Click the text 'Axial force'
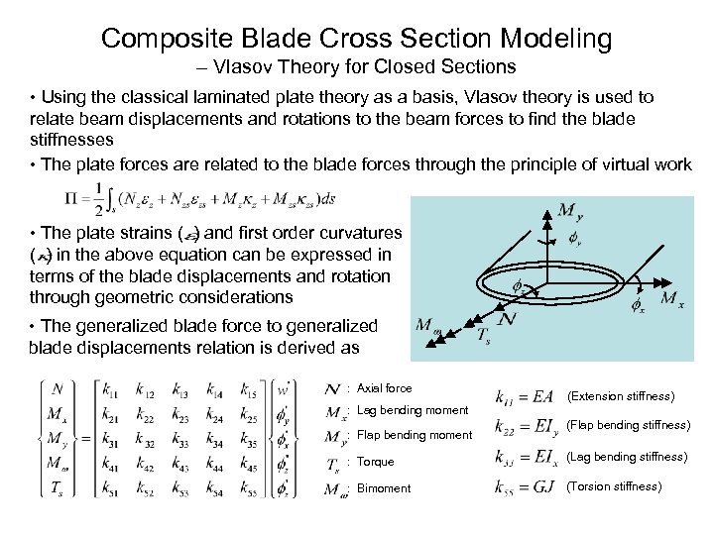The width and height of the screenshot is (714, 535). coord(384,388)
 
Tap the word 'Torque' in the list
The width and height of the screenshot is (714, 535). coord(375,462)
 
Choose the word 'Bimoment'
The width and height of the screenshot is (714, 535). coord(383,488)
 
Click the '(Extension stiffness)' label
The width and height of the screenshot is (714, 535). coord(620,396)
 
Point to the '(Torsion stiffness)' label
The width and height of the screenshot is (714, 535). coord(613,486)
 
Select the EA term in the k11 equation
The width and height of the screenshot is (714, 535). coord(541,397)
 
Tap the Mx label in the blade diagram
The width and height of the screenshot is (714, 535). coord(671,297)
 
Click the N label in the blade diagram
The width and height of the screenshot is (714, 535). coord(507,320)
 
